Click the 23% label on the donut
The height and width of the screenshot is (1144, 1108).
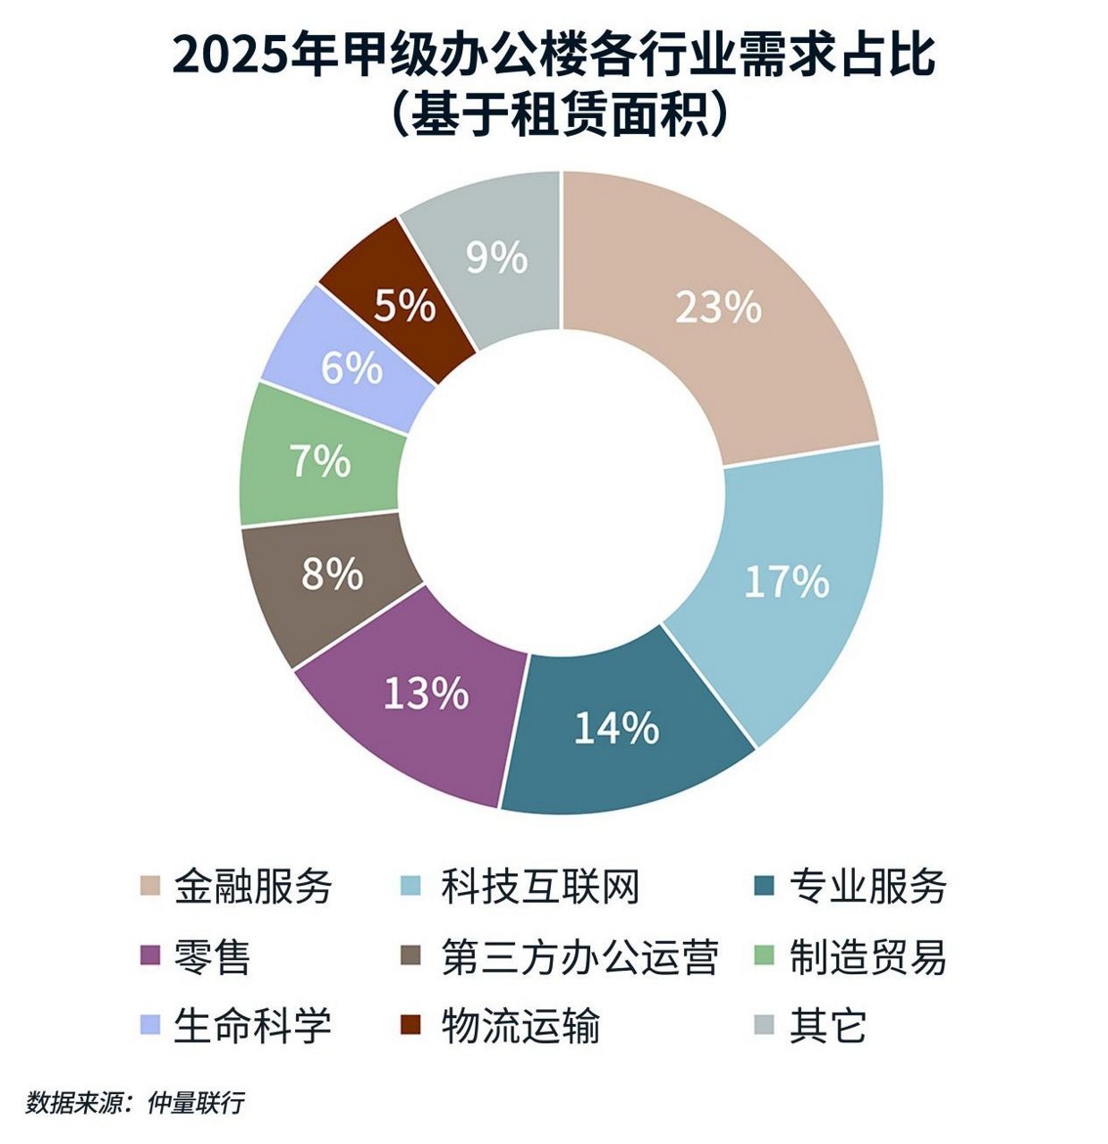(718, 308)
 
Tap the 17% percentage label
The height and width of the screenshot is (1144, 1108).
(787, 583)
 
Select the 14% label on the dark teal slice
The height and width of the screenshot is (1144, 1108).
(616, 728)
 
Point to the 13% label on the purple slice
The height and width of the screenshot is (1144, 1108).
(426, 694)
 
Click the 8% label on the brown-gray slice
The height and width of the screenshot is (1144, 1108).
(332, 575)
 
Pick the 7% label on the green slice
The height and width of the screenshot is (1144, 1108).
(320, 462)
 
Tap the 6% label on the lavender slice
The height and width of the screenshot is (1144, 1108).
(351, 368)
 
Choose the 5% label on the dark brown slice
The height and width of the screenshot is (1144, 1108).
(404, 307)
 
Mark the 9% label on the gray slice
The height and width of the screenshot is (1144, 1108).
(497, 258)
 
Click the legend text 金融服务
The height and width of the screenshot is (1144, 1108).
(253, 887)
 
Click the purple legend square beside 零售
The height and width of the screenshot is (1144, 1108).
(150, 956)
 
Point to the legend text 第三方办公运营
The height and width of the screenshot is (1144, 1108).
(579, 956)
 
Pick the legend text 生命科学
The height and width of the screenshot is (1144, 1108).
(253, 1025)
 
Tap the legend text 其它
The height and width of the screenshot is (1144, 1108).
(828, 1025)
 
